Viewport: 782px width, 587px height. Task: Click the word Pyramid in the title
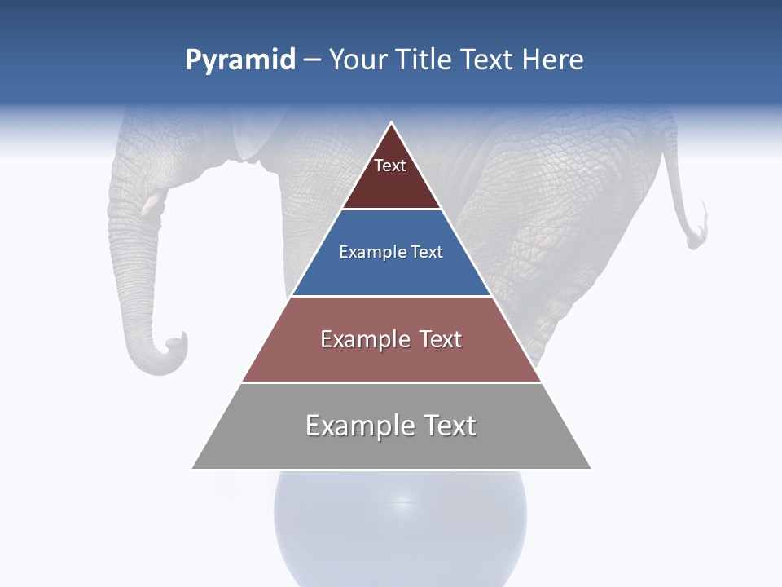click(x=240, y=60)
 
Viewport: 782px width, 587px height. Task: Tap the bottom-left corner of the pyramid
click(x=193, y=468)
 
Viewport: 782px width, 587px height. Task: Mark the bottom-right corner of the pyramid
click(x=591, y=468)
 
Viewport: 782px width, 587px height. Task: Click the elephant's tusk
click(x=152, y=204)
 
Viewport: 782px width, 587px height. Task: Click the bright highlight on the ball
click(x=400, y=500)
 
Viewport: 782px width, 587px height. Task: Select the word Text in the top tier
click(x=390, y=166)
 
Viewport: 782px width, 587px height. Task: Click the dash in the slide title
click(x=312, y=60)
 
